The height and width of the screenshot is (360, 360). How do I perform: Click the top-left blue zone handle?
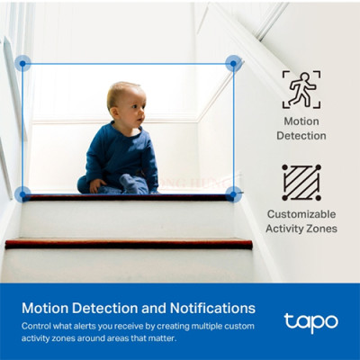click(23, 63)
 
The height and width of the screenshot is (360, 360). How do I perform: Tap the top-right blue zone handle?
click(233, 63)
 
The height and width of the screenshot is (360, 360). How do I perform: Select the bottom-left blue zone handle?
click(23, 193)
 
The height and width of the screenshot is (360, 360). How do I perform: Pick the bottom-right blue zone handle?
click(233, 193)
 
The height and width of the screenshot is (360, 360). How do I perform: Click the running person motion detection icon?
click(301, 89)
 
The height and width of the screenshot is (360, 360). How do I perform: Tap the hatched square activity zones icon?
click(301, 182)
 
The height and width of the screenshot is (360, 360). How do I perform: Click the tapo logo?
click(310, 320)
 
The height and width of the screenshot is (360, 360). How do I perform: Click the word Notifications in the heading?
click(209, 307)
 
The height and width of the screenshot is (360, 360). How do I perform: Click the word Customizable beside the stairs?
click(301, 214)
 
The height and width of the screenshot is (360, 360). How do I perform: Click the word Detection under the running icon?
click(304, 136)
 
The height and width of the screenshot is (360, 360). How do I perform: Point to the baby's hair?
click(121, 90)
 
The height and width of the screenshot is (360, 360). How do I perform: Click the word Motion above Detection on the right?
click(301, 121)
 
